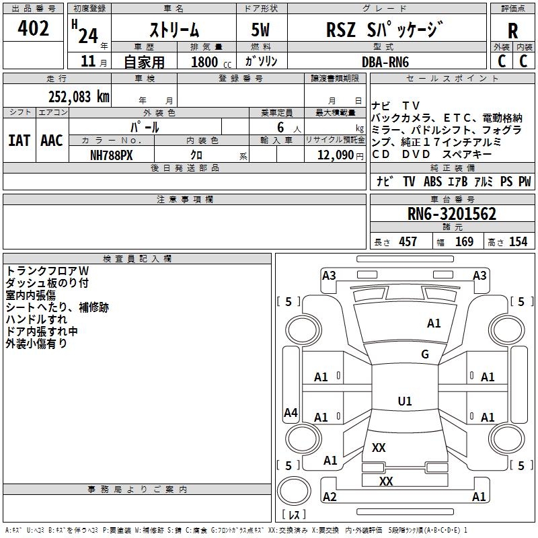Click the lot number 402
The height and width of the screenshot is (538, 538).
click(x=34, y=29)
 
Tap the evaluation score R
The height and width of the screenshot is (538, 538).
click(x=512, y=31)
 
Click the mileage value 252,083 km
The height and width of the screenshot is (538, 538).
click(x=79, y=96)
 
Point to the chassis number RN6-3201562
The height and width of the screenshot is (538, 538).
click(x=452, y=215)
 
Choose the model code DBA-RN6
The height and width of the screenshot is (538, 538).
click(x=385, y=62)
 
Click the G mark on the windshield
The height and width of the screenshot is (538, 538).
click(x=425, y=354)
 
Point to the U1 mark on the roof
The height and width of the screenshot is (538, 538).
click(x=405, y=401)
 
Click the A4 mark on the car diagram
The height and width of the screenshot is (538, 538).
click(x=291, y=413)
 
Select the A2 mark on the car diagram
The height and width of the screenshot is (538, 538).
click(x=330, y=497)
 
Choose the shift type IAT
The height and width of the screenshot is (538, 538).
click(x=19, y=141)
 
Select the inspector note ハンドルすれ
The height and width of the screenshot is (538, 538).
click(x=36, y=319)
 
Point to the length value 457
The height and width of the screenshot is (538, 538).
click(x=408, y=242)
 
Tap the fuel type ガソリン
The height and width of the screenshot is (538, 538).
click(x=261, y=62)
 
